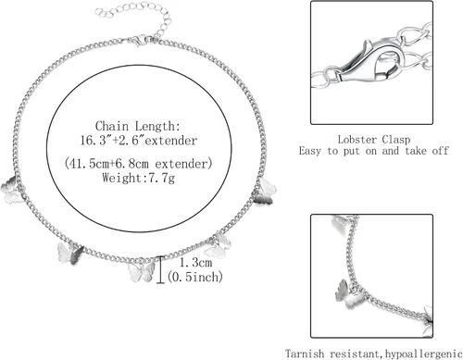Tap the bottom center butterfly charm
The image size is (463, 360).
[142, 271]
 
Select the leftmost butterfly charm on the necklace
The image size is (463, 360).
[10, 190]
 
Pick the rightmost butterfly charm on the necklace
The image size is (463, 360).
[265, 192]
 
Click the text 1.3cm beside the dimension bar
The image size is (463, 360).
[195, 263]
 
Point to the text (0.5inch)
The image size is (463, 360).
[194, 277]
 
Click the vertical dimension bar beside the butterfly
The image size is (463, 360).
[160, 269]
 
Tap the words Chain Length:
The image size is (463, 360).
[137, 126]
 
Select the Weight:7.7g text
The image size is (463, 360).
[138, 178]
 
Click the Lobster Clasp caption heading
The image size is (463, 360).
[374, 140]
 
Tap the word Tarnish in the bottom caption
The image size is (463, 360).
[305, 354]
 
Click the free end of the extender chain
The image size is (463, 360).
[99, 12]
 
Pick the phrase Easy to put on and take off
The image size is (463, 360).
[373, 151]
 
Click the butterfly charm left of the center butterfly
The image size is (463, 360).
[70, 254]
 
